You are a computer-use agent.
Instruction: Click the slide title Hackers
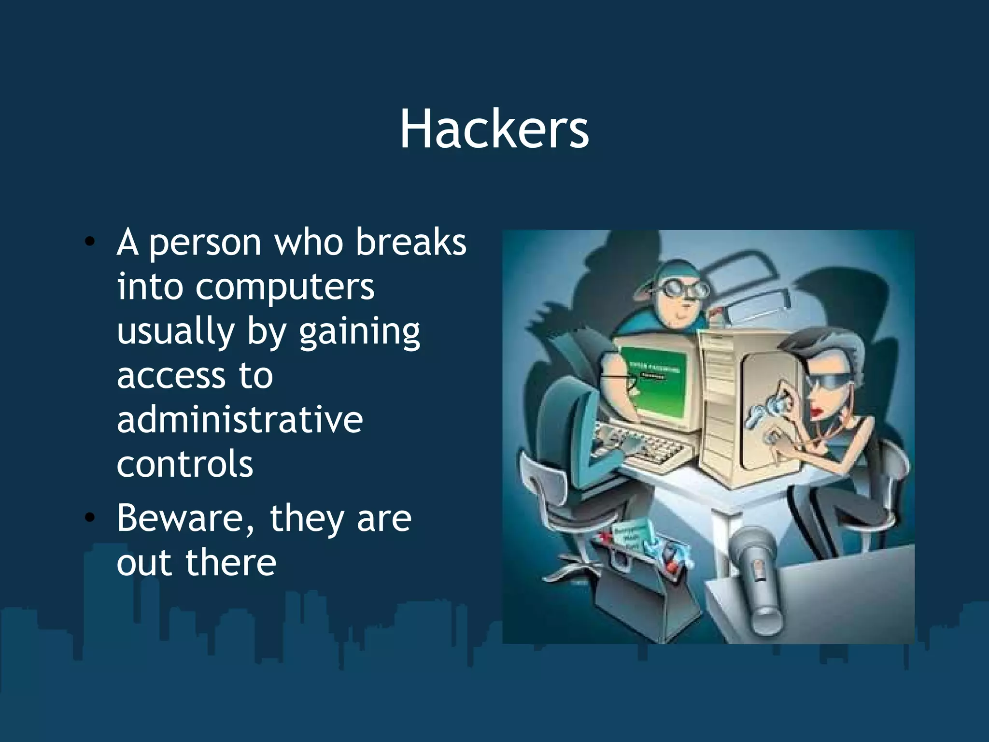494,129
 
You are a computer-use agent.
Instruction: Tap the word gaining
359,333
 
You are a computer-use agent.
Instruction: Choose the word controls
185,464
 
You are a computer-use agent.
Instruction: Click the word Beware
185,518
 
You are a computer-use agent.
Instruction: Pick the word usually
175,333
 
